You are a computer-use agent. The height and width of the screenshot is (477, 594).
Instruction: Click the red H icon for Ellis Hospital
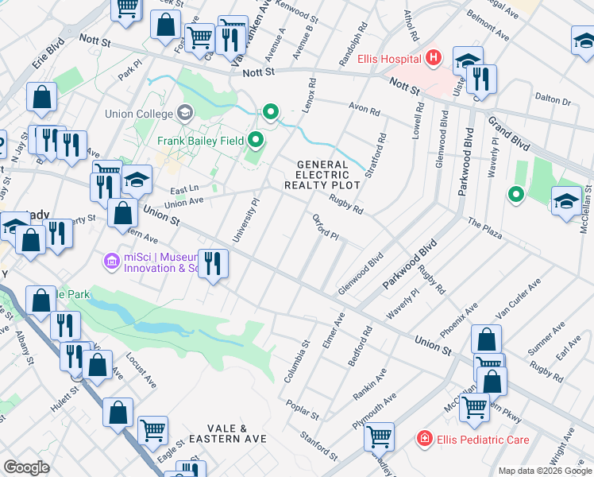[434, 58]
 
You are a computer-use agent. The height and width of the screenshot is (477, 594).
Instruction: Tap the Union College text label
[139, 114]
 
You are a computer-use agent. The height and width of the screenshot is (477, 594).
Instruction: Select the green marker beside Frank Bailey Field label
[256, 142]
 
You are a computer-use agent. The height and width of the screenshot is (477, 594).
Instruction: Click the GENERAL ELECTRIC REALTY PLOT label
[322, 175]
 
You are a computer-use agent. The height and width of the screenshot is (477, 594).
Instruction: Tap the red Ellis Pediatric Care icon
[425, 439]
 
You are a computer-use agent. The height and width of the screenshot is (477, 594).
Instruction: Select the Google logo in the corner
[26, 467]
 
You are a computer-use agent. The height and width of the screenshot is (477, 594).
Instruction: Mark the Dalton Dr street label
[553, 100]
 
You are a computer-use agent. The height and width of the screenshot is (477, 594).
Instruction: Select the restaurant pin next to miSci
[212, 264]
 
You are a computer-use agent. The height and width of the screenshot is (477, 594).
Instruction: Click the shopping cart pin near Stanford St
[379, 436]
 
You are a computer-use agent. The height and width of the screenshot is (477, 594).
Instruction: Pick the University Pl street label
[245, 220]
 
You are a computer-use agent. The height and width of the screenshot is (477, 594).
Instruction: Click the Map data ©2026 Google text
[546, 471]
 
